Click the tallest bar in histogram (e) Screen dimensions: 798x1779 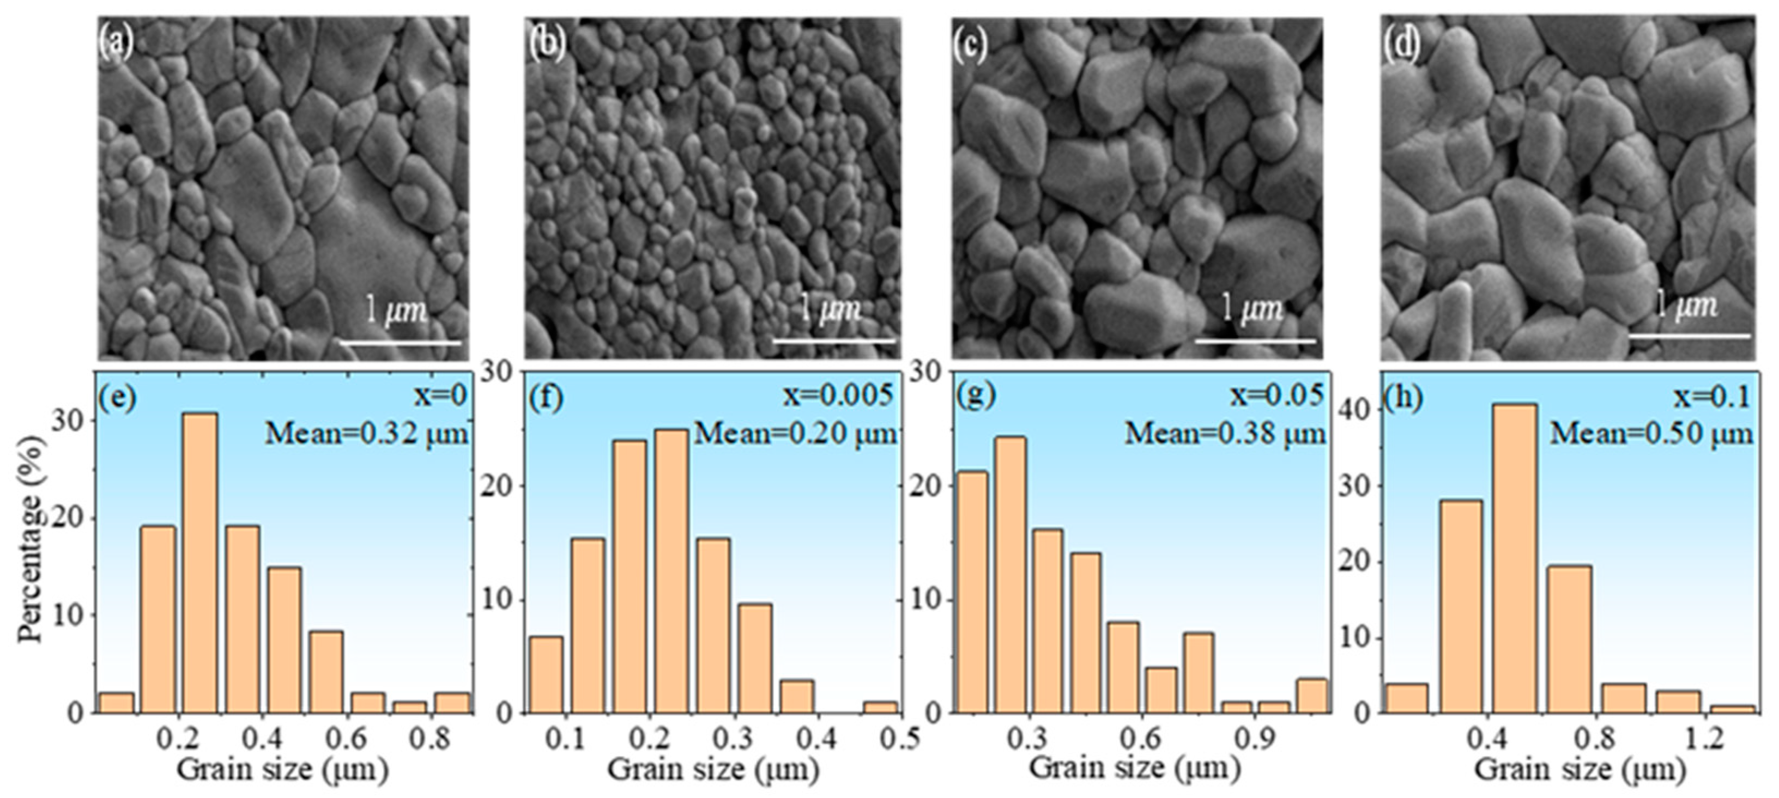pos(199,563)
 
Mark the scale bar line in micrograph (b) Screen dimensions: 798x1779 pos(834,340)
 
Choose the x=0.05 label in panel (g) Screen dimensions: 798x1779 pos(1278,395)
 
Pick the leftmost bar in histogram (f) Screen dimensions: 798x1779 pos(546,674)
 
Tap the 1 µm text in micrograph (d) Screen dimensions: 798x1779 pos(1689,306)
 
